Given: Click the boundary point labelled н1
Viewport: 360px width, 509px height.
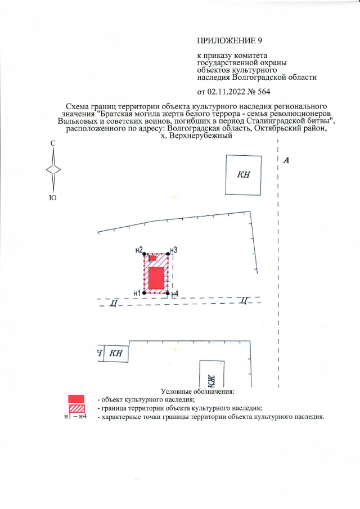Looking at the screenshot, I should tap(145, 292).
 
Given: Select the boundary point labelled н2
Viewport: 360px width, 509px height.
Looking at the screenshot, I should tap(145, 255).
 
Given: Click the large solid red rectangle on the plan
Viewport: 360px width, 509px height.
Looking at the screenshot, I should tap(156, 278).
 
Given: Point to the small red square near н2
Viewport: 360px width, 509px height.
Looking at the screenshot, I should tap(152, 259).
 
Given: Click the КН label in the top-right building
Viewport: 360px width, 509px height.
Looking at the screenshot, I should tap(244, 174).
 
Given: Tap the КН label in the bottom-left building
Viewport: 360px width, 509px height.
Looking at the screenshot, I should tap(115, 353).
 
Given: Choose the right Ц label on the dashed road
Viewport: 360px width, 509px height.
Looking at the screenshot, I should tap(243, 300).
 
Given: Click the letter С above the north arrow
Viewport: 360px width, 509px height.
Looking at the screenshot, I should tap(53, 144).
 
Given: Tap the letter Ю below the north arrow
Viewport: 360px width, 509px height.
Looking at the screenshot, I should tap(53, 197).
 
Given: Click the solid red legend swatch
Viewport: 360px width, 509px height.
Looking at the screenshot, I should tap(76, 399).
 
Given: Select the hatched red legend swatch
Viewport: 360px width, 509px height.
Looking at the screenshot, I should tap(76, 408).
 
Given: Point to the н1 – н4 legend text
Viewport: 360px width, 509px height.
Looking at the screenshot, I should tap(75, 417).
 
